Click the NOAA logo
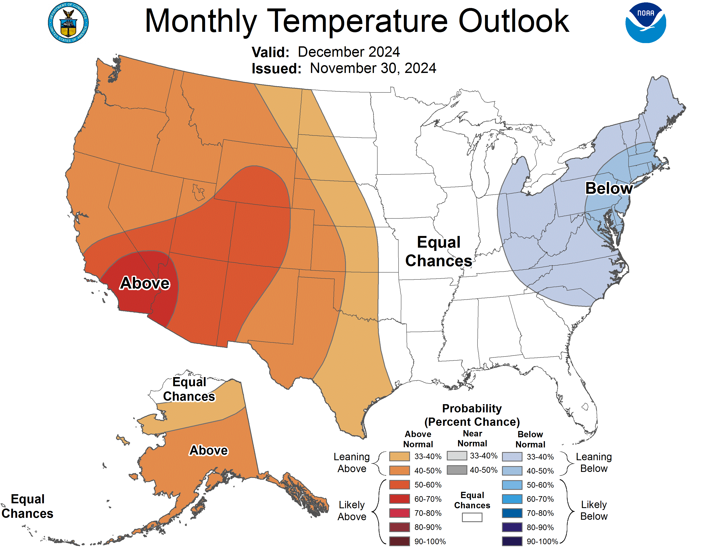pyautogui.click(x=645, y=23)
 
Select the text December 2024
pyautogui.click(x=349, y=52)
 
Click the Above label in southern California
pyautogui.click(x=145, y=283)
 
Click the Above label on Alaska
pyautogui.click(x=209, y=450)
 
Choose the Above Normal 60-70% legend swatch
pyautogui.click(x=399, y=499)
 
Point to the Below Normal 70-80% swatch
pyautogui.click(x=512, y=513)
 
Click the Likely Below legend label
pyautogui.click(x=594, y=510)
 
